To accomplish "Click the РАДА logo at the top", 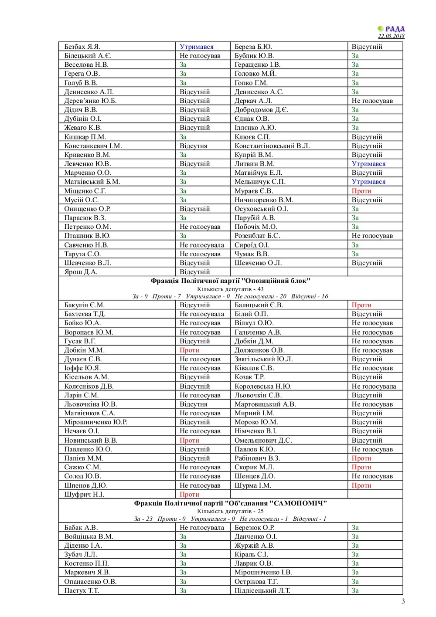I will (391, 29).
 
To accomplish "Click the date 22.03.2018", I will (391, 36).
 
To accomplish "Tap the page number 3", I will (403, 601).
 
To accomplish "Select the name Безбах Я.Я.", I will (82, 47).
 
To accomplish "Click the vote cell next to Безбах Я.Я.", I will (197, 47).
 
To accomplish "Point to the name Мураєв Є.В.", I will (254, 191).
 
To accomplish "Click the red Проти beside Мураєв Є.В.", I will (361, 191).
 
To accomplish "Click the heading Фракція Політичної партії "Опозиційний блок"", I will (230, 281).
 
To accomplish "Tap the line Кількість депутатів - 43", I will (230, 289).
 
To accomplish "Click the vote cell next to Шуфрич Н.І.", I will (189, 495).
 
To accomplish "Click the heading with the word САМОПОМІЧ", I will (230, 503).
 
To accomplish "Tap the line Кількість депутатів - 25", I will (230, 511).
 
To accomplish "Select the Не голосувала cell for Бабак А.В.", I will (202, 528).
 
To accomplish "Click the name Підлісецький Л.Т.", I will (262, 591).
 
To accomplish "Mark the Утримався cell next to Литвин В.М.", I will (368, 164).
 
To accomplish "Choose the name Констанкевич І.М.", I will (93, 146).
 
